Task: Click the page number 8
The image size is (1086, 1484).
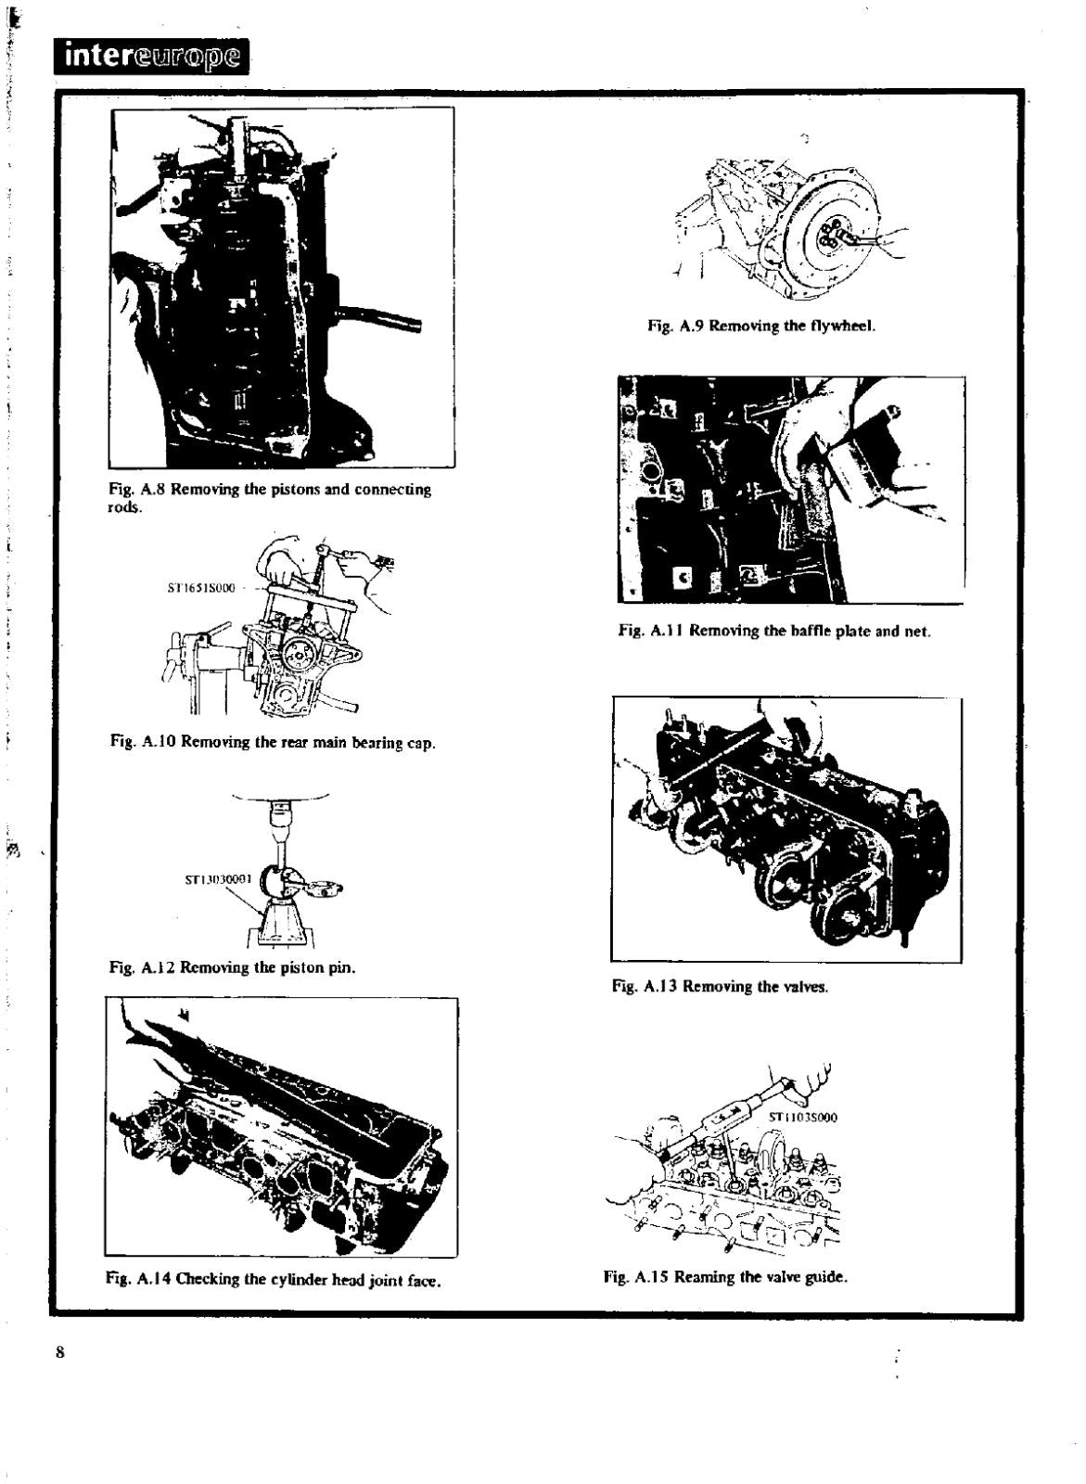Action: pos(61,1351)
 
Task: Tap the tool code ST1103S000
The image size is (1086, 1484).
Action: pos(804,1118)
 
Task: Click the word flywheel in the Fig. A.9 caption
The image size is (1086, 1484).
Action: pos(843,326)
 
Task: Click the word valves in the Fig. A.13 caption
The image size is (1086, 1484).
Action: pos(804,987)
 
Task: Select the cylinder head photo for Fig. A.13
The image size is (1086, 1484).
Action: pos(786,828)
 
